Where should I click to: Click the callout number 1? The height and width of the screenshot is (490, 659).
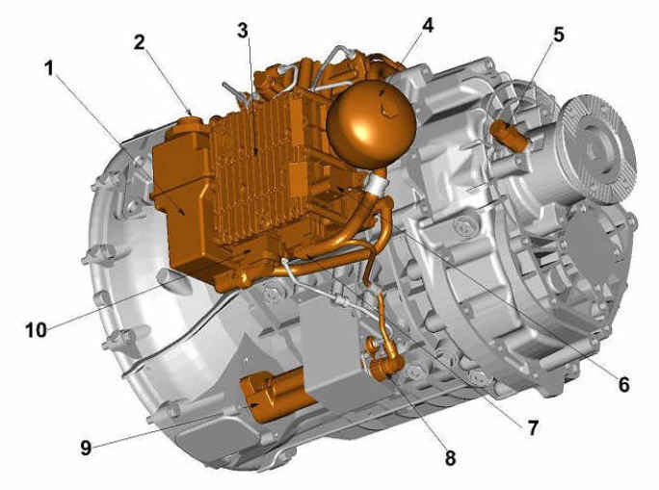(x=50, y=68)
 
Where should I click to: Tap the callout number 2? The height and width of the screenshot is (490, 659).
(x=140, y=42)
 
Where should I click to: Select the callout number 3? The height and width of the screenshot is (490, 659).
(x=243, y=30)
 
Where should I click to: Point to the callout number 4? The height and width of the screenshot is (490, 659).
(x=427, y=26)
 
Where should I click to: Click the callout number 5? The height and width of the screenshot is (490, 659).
(x=559, y=35)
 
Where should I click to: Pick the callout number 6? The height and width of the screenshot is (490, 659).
(x=623, y=384)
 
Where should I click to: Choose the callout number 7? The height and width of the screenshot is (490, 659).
(x=533, y=428)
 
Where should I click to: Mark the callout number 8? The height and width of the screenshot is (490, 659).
(x=450, y=458)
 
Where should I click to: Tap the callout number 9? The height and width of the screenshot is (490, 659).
(x=86, y=448)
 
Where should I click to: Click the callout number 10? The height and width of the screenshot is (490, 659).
(x=37, y=330)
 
